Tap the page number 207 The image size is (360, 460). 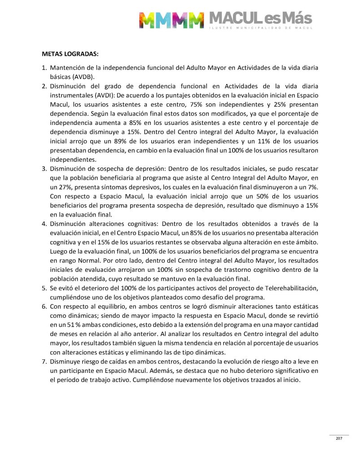339,439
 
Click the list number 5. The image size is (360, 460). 44,288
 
